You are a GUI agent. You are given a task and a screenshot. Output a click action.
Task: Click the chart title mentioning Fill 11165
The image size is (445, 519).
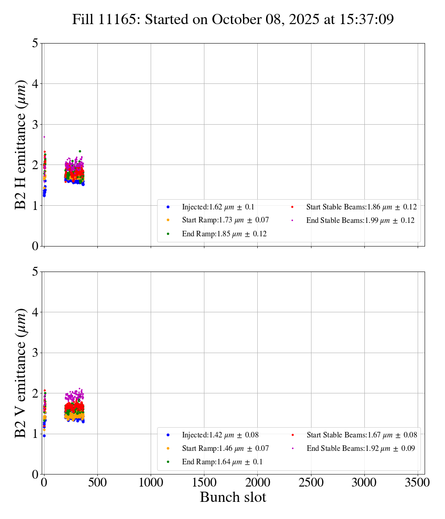[x=233, y=19]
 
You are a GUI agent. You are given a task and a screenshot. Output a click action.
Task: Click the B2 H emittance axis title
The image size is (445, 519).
[x=21, y=145]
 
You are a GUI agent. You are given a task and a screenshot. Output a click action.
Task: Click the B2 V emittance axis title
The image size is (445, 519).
[x=21, y=373]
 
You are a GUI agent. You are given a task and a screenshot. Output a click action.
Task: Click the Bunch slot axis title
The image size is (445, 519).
[x=233, y=497]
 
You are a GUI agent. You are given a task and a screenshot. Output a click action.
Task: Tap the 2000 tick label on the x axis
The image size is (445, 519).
[x=258, y=482]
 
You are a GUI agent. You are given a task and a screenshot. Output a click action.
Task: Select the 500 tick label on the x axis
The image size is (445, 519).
[x=97, y=482]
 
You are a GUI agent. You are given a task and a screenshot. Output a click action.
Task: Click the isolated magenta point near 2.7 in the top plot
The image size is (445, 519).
[x=44, y=137]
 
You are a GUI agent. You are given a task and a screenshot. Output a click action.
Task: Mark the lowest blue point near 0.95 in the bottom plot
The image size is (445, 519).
[x=44, y=436]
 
